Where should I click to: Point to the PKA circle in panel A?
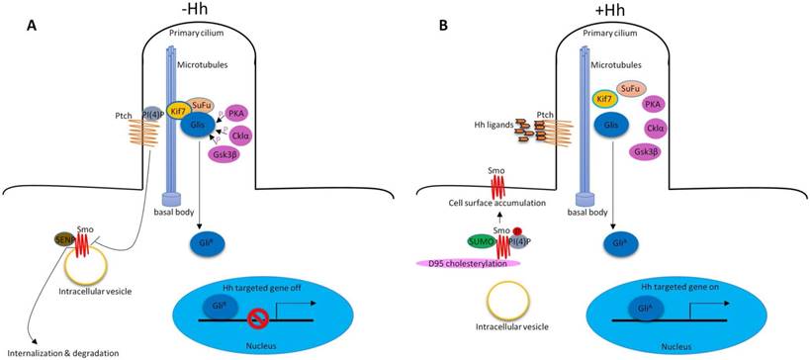pos(237,113)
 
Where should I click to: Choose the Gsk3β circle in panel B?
pos(648,151)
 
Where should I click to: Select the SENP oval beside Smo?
pos(64,240)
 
